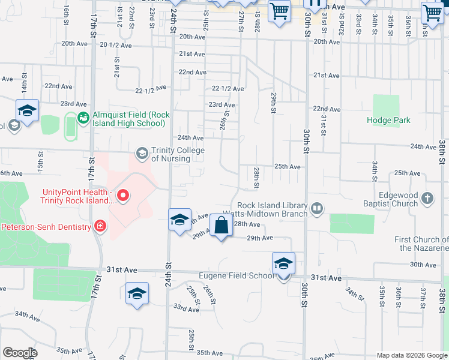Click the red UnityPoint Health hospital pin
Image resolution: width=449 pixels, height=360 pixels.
(x=123, y=194)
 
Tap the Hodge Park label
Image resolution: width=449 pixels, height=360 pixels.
(x=388, y=120)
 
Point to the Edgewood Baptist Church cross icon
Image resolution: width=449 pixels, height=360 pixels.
(x=427, y=198)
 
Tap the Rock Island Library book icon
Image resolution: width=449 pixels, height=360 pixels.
(x=316, y=209)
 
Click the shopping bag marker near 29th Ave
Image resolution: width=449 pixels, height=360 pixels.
(x=221, y=226)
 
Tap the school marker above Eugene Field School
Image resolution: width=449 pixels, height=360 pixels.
(x=284, y=264)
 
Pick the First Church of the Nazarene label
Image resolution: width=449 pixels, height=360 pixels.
(x=421, y=244)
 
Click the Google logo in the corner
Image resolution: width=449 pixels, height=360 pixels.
(x=20, y=353)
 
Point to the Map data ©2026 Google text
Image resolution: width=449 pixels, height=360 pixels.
(x=412, y=355)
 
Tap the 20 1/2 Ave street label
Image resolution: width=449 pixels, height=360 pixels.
(x=116, y=44)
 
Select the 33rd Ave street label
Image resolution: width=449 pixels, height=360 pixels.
(x=186, y=309)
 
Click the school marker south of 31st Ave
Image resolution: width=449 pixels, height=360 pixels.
(x=137, y=294)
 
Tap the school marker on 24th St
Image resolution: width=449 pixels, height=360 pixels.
(x=179, y=220)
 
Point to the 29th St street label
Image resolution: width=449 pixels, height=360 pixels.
(x=273, y=103)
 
